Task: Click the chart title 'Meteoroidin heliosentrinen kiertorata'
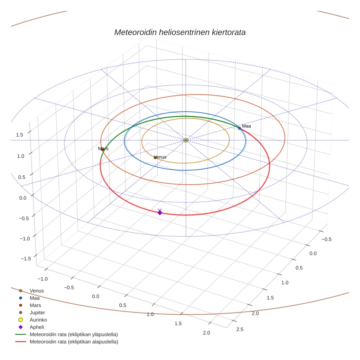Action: (180, 32)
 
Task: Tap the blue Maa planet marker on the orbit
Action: (239, 128)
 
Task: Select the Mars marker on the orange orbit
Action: (102, 150)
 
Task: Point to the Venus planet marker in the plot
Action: (155, 158)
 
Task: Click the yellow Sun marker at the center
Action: (186, 140)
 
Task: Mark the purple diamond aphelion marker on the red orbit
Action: (160, 213)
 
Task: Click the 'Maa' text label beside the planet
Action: (247, 126)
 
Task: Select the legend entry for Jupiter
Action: (37, 312)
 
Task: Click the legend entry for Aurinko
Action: (38, 320)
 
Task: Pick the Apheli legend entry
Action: (37, 327)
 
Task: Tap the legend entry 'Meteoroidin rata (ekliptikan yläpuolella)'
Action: (74, 334)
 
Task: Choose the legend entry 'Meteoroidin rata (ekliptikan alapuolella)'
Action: (74, 342)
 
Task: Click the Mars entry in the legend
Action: (35, 305)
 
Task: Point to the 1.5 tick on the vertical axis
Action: (19, 135)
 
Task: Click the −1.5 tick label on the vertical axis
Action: (25, 259)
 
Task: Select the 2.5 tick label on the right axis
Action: (240, 329)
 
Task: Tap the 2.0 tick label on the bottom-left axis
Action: (206, 333)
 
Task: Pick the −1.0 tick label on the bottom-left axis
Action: (42, 279)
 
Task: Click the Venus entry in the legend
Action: (37, 291)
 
